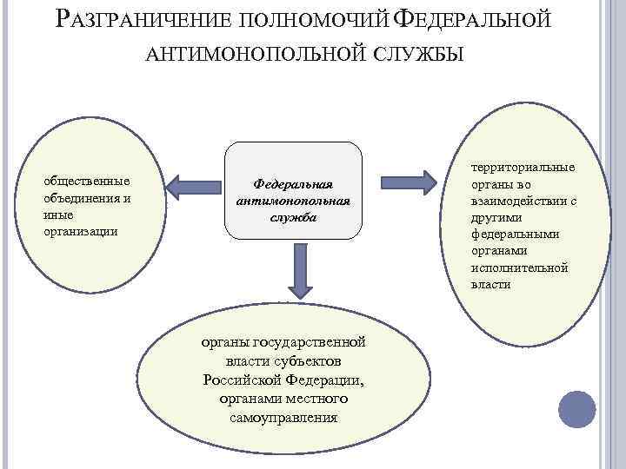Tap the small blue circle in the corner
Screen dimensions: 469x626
coord(576,409)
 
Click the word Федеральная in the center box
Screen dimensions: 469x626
coord(293,184)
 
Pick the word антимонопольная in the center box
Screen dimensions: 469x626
coord(293,201)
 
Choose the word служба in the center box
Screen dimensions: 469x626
coord(293,217)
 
